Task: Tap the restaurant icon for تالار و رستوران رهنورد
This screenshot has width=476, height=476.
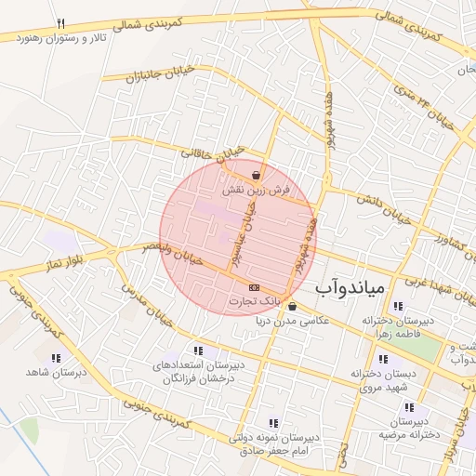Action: [60, 23]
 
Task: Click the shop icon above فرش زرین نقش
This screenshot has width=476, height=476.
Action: [256, 175]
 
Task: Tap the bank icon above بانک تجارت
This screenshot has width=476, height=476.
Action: [254, 286]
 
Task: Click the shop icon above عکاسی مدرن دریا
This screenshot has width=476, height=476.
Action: [293, 307]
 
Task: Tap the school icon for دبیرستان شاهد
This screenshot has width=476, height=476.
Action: [56, 357]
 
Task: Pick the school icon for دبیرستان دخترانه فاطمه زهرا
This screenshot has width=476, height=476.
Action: [398, 307]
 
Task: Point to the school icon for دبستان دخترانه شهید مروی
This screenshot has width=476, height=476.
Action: [383, 359]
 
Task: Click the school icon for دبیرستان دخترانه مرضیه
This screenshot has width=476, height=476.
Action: [409, 406]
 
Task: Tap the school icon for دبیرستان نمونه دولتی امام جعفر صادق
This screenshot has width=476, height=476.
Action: [272, 422]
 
